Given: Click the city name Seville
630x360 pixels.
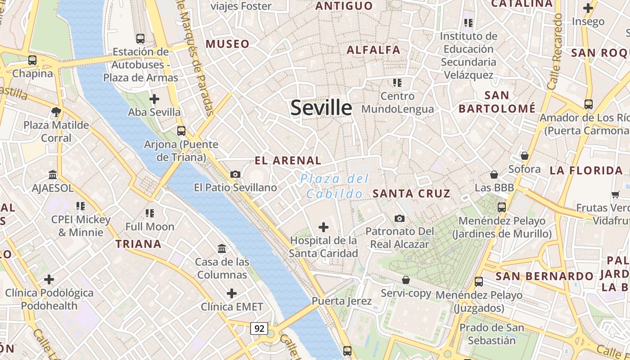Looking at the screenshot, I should coord(321,108).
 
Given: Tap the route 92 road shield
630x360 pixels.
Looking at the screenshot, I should coord(259,328).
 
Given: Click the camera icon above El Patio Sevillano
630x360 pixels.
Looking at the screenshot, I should coord(235,174).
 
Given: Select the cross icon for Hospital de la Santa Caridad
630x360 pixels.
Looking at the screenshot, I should coord(323,227).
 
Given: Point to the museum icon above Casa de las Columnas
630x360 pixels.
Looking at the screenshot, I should coord(222,248).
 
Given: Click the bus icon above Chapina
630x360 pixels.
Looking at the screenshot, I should coord(32,60).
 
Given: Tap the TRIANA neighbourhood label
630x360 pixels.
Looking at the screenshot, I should coord(138,244).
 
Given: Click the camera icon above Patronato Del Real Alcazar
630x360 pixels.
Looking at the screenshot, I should coord(399,218).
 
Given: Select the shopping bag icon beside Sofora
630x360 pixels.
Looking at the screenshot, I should coord(524,156).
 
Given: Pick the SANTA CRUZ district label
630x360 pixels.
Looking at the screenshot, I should coord(411,193).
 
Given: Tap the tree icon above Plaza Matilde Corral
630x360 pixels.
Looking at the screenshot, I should coord(56,112).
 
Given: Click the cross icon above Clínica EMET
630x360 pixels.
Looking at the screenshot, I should coord(231,294).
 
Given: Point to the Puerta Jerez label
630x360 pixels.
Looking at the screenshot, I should coord(342,301).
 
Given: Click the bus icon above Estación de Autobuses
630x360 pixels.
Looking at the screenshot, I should coord(140,39).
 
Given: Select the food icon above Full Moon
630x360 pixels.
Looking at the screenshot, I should coord(150,213).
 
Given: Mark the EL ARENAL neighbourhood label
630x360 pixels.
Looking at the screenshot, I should coord(288,160).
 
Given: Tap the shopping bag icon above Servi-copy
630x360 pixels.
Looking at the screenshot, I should coord(406,280).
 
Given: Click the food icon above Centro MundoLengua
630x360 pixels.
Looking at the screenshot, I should coord(397,82).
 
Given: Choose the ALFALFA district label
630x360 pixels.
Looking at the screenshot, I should coord(373,49).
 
